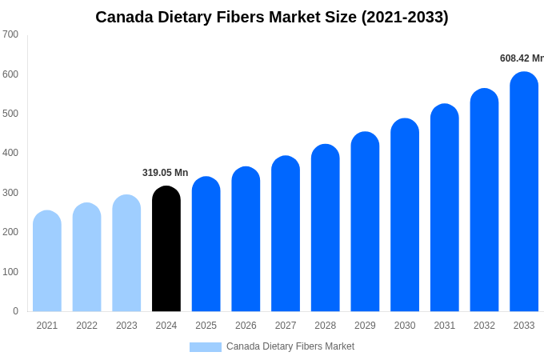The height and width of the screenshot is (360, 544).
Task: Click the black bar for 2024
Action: point(166,249)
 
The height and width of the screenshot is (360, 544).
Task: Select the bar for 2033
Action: point(524,192)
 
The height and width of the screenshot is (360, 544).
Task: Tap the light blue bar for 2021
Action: point(47,261)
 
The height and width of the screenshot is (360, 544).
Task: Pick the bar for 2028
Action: point(326,228)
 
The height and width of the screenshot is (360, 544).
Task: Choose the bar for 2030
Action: point(405,215)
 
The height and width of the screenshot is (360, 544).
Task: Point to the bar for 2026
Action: point(246,239)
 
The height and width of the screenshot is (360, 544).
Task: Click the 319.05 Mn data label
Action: point(166,173)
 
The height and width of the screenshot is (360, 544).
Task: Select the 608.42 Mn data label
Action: point(521,58)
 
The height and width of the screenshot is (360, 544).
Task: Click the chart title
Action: point(272,17)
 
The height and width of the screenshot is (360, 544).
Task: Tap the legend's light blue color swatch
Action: point(206,347)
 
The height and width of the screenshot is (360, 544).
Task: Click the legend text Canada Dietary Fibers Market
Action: point(290,346)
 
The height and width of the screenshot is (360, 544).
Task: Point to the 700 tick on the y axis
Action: point(10,34)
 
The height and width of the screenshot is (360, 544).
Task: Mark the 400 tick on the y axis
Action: point(10,153)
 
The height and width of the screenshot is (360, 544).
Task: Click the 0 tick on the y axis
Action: point(15,311)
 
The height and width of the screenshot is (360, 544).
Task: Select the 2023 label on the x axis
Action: point(126,326)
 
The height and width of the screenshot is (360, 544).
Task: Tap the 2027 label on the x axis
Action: point(286,326)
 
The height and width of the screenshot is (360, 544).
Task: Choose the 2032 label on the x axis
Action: point(484,326)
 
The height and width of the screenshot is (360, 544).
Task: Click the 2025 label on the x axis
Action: point(206,326)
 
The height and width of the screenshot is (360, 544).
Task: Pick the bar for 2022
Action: point(87,257)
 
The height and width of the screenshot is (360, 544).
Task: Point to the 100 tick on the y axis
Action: point(10,272)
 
